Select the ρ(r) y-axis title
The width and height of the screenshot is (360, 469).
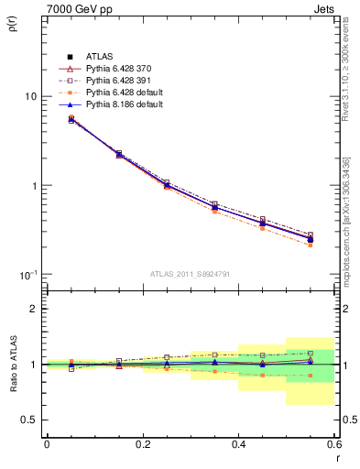coord(12,27)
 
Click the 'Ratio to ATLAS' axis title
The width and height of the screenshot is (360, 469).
coord(12,365)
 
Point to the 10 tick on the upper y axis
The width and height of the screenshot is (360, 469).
coord(30,96)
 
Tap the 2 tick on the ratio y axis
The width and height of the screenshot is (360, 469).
coord(34,309)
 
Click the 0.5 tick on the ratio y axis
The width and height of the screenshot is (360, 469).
coord(29,420)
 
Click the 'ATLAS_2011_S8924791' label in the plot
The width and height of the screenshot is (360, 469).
coord(190,274)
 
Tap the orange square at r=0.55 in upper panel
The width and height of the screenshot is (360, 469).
coord(311,245)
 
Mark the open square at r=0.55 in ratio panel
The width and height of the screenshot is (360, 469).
coord(311,353)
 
